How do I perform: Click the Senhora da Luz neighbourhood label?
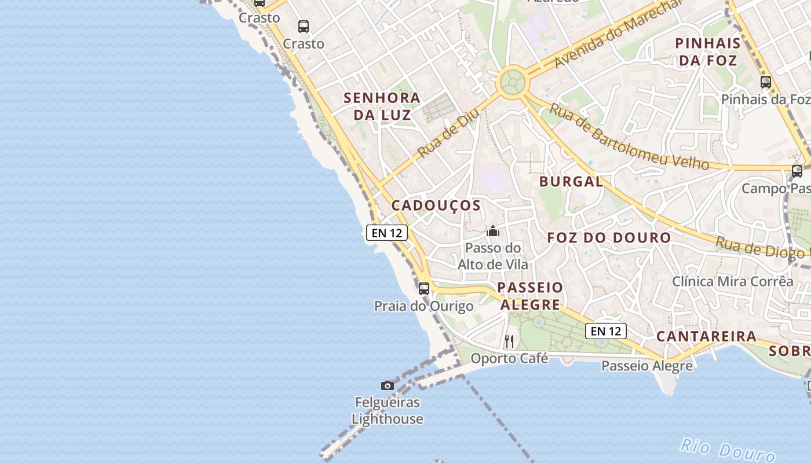point(382,106)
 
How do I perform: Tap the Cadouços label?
point(436,205)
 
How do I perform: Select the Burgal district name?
point(571,181)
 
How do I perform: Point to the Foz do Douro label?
point(609,237)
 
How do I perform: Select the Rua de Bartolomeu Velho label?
point(629,137)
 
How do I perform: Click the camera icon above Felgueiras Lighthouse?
point(388,385)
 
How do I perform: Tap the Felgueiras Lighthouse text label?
point(388,410)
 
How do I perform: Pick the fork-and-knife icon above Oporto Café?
point(509,341)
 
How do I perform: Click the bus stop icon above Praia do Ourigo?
point(424,288)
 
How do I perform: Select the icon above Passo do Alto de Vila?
point(493,231)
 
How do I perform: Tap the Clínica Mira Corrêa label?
point(732,281)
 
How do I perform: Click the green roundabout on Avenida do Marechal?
point(512,82)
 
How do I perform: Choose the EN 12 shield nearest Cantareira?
point(606,331)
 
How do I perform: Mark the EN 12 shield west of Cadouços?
point(387,233)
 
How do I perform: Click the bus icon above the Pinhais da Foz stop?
point(766,82)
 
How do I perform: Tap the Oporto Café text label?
point(509,358)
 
